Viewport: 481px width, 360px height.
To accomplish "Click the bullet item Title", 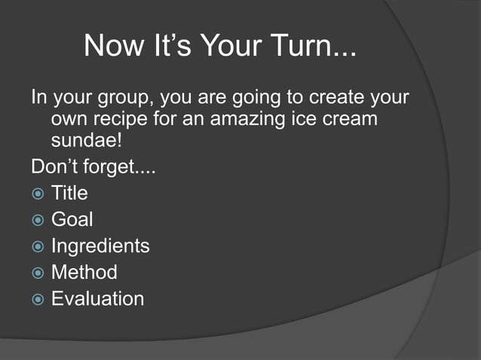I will click(x=69, y=194).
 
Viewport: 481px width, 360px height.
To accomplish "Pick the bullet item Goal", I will click(x=72, y=220).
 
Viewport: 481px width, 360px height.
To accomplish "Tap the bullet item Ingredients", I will click(x=100, y=246).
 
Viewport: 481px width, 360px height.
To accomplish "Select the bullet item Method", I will click(x=84, y=272).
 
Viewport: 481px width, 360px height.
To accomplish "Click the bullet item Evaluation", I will click(x=97, y=298).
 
